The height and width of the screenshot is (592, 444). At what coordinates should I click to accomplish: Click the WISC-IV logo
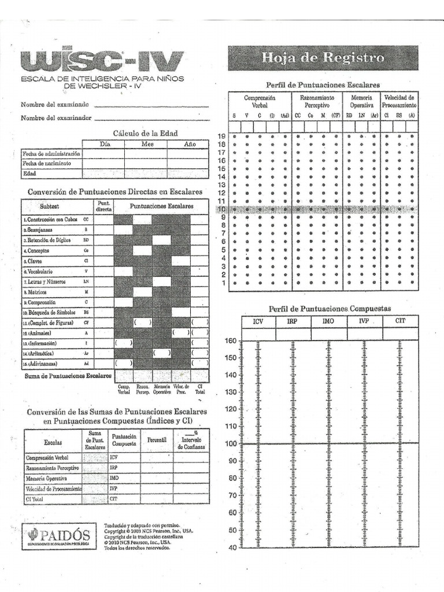(x=102, y=61)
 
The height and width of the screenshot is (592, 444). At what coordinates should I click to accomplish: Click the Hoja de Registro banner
(x=323, y=58)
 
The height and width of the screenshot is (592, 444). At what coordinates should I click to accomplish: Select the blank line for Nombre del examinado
(x=151, y=106)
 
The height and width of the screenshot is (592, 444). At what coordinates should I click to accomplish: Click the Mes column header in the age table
(x=147, y=144)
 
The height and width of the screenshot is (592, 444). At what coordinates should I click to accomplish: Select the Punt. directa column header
(x=103, y=206)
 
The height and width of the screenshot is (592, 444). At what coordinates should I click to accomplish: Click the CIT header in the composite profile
(x=400, y=321)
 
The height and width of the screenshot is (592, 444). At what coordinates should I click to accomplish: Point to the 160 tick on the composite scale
(x=231, y=341)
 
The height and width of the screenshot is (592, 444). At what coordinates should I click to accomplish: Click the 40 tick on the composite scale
(x=232, y=547)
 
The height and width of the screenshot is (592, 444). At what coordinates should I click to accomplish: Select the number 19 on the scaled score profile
(x=220, y=136)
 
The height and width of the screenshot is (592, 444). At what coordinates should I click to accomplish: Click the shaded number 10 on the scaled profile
(x=220, y=209)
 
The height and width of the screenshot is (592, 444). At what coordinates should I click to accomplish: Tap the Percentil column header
(x=156, y=440)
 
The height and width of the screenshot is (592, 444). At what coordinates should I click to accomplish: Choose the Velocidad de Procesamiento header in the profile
(x=399, y=102)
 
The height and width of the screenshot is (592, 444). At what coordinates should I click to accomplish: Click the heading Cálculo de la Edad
(x=145, y=133)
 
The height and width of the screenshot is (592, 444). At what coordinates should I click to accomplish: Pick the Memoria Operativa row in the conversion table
(x=46, y=479)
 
